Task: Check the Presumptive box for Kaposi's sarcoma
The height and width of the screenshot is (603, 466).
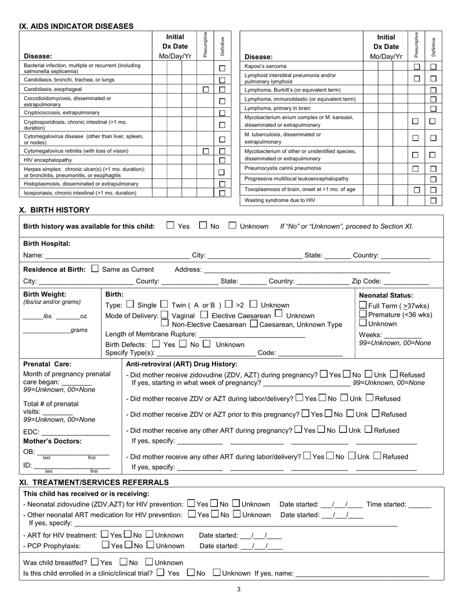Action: (416, 67)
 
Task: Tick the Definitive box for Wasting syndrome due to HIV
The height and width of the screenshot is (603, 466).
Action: (433, 201)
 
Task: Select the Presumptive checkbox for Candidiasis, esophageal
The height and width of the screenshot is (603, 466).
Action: (206, 90)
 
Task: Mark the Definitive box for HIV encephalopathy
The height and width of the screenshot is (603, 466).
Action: (222, 160)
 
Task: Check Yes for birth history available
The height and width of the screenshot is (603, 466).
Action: (170, 226)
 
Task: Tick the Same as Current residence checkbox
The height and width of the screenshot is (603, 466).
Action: (95, 269)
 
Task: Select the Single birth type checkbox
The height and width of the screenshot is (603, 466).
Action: (130, 304)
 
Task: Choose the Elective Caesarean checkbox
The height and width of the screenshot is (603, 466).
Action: (204, 315)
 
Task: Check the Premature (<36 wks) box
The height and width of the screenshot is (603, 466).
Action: (363, 314)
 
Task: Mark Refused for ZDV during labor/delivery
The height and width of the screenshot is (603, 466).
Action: (370, 398)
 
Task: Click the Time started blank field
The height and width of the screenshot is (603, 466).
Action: (419, 504)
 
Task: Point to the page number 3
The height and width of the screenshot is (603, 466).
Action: (238, 589)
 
